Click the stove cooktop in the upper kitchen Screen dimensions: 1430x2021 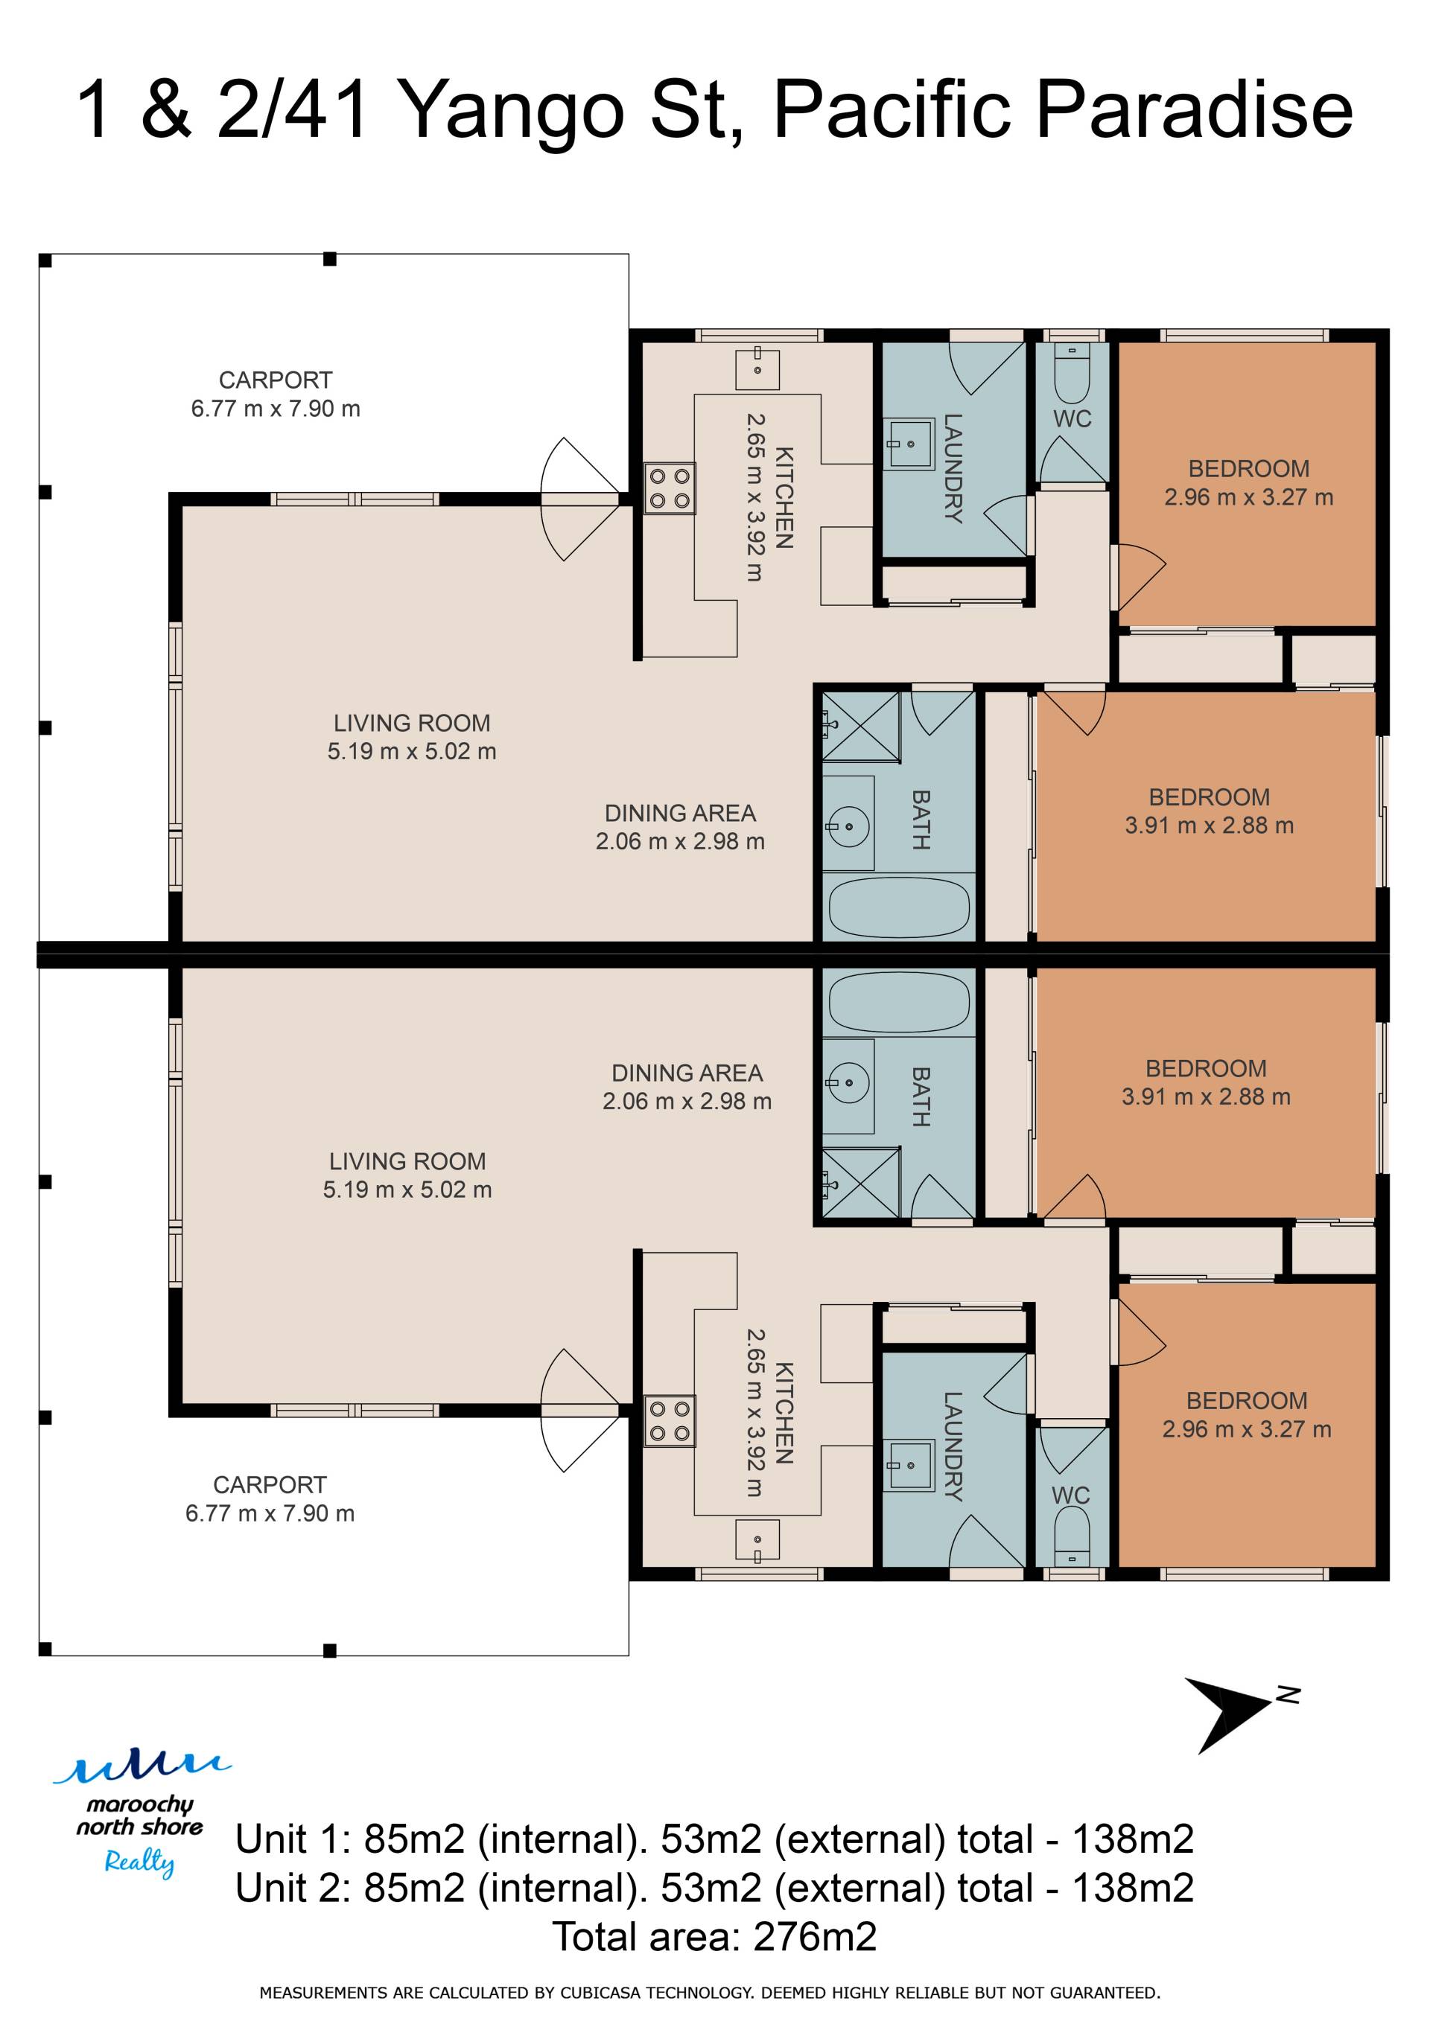pyautogui.click(x=670, y=488)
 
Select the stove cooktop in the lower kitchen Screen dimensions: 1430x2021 pyautogui.click(x=670, y=1421)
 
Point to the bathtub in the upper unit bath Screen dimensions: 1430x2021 pyautogui.click(x=899, y=907)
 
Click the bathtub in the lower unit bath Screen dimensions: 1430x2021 pyautogui.click(x=899, y=1002)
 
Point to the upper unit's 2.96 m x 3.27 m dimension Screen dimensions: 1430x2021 pyautogui.click(x=1248, y=497)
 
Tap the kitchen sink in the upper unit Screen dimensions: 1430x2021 pyautogui.click(x=757, y=368)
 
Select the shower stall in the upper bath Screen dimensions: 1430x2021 pyautogui.click(x=861, y=727)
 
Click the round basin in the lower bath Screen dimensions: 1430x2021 pyautogui.click(x=848, y=1082)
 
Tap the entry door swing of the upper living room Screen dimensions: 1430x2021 pyautogui.click(x=579, y=499)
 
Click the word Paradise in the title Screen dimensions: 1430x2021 pyautogui.click(x=1194, y=110)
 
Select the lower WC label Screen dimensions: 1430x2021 pyautogui.click(x=1071, y=1495)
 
